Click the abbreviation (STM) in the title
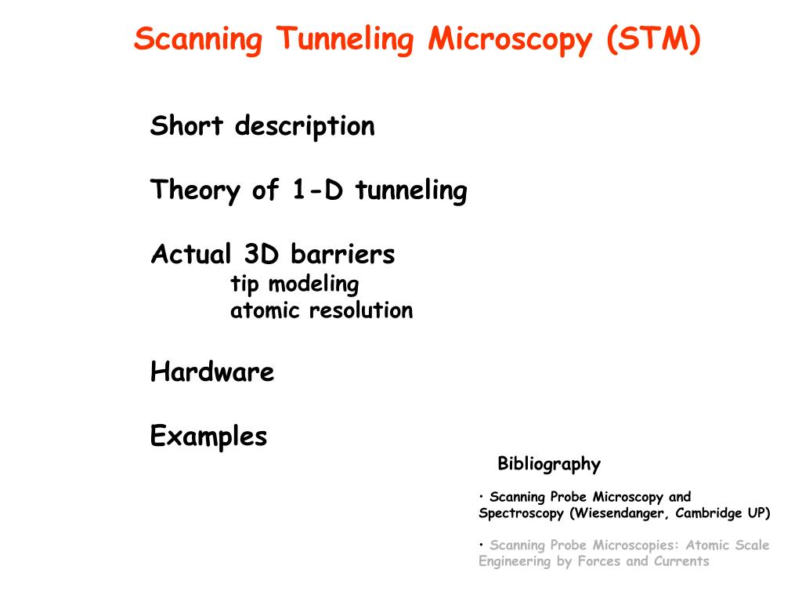coord(652,38)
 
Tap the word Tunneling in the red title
coord(342,38)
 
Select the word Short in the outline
coord(186,125)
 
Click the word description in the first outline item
coord(305,126)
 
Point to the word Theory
coord(196,190)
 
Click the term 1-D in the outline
coord(319,190)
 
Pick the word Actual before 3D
coord(190,254)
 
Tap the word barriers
coord(342,254)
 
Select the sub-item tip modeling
coord(294,284)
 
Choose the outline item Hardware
coord(212,372)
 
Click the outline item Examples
coord(208,436)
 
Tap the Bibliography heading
coord(549,464)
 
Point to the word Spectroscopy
coord(521,513)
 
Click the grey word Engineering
coord(515,561)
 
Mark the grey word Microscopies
coord(636,545)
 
